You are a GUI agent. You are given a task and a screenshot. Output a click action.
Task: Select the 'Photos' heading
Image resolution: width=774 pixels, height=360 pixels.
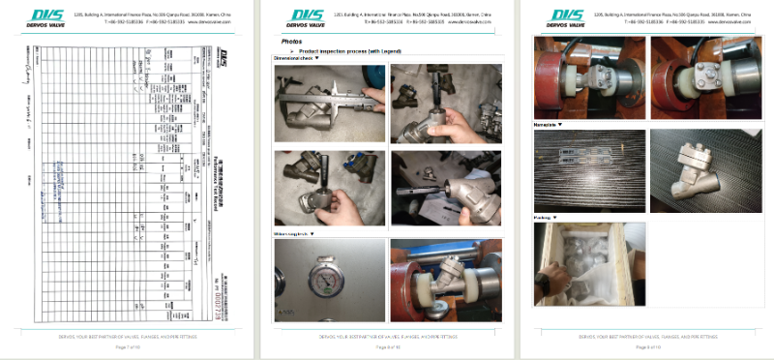pyautogui.click(x=291, y=42)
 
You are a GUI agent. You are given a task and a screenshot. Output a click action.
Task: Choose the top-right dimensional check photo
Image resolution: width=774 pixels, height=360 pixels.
pyautogui.click(x=446, y=103)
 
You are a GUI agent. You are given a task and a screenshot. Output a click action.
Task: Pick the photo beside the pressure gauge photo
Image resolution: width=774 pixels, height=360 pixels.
pyautogui.click(x=446, y=281)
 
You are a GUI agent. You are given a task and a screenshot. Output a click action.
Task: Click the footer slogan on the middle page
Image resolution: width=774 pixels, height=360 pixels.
pyautogui.click(x=387, y=336)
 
